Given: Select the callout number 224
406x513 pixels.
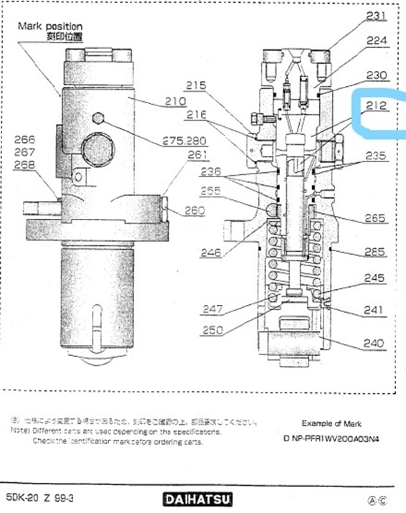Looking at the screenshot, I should click(x=377, y=41).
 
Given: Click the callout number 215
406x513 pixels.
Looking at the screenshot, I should click(x=196, y=85).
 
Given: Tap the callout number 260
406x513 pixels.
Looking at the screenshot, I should click(x=195, y=211).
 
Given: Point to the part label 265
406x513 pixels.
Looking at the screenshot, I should click(x=375, y=218).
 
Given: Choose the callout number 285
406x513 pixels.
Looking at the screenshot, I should click(x=375, y=252).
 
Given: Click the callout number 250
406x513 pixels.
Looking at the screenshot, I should click(x=212, y=331).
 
